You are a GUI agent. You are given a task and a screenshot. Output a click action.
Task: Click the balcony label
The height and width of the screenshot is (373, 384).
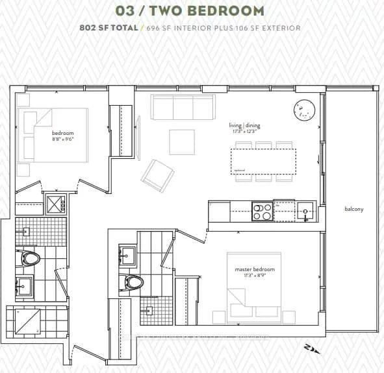(354, 209)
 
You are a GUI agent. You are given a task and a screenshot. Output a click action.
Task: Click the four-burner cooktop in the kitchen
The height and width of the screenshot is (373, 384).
(262, 212)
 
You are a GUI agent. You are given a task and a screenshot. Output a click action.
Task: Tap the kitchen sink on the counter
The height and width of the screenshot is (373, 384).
(305, 211)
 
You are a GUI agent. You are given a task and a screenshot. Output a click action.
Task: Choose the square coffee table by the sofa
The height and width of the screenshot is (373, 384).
(182, 142)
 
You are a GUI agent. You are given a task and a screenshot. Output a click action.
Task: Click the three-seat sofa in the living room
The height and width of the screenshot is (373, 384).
(183, 108)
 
